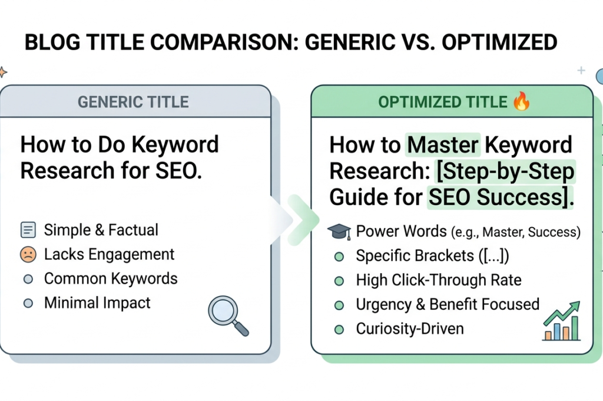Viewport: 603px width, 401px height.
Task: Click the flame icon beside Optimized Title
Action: pos(522,101)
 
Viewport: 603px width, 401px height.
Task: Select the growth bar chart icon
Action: pos(561,321)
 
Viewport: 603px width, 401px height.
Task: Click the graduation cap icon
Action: pos(339,232)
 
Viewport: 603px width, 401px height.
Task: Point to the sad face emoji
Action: pos(28,255)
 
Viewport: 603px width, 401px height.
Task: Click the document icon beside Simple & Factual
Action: pos(28,230)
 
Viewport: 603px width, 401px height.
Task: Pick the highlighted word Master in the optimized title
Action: pos(443,145)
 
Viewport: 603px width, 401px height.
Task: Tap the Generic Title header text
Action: pos(133,102)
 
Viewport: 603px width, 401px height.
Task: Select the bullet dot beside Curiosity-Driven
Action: pos(339,330)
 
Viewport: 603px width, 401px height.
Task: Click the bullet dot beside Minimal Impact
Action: pos(28,304)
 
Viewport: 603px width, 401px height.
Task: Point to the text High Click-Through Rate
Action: pos(438,280)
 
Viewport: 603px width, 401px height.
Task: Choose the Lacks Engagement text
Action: pos(109,255)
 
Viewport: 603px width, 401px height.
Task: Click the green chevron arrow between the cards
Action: pos(304,220)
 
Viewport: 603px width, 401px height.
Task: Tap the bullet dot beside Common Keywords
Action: pos(28,279)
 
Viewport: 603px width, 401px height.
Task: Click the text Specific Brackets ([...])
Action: pos(432,256)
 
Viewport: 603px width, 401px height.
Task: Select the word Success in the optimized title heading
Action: pos(519,197)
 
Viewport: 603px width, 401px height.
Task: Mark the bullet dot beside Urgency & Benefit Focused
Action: pos(339,305)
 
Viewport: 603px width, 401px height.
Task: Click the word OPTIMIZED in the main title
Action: pos(499,42)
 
